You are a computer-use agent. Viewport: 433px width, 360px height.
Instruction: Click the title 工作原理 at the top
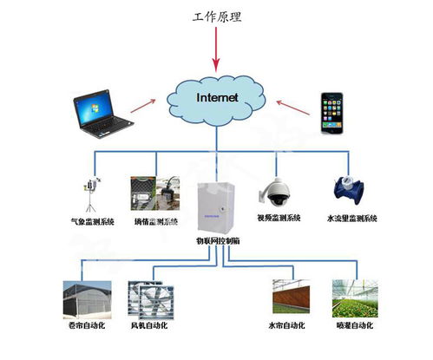[218, 16]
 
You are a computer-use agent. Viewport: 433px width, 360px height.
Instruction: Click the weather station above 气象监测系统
[89, 194]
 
